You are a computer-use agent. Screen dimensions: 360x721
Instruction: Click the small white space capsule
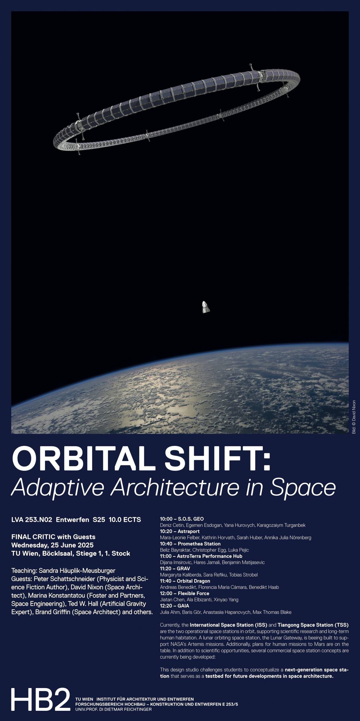click(205, 307)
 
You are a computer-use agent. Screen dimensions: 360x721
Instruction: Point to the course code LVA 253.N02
click(32, 519)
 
